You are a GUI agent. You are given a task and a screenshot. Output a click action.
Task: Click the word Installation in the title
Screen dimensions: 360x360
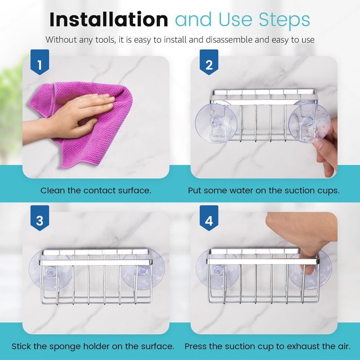click(108, 20)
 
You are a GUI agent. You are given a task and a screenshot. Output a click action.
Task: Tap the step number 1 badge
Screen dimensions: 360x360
click(40, 65)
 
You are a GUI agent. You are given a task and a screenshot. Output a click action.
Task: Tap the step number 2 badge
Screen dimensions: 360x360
click(209, 65)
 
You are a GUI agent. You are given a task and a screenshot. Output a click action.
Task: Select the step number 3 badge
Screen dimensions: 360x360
click(40, 221)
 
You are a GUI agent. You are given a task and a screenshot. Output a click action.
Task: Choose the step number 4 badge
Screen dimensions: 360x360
click(209, 221)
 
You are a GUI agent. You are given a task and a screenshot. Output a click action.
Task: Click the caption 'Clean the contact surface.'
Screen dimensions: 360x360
click(96, 190)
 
